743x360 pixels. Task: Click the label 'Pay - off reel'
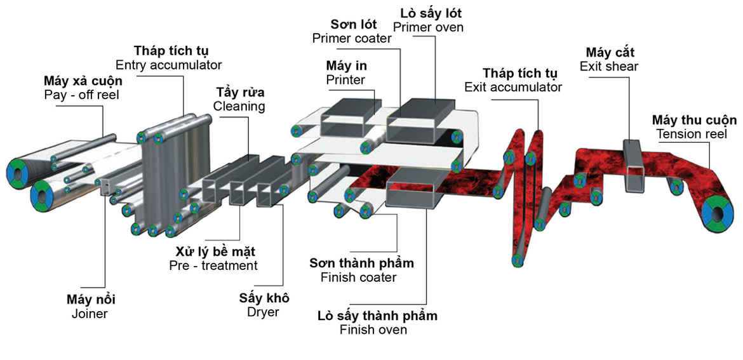pos(81,95)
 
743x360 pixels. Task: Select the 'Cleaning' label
pos(239,106)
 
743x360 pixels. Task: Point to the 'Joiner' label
pos(90,313)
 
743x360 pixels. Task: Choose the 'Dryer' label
pos(262,312)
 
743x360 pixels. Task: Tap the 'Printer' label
pos(345,79)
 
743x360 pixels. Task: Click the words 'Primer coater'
pos(351,38)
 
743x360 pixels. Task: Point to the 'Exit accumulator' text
pos(513,87)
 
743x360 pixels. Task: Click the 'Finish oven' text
pos(373,330)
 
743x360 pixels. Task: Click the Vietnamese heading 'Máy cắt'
pos(610,51)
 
